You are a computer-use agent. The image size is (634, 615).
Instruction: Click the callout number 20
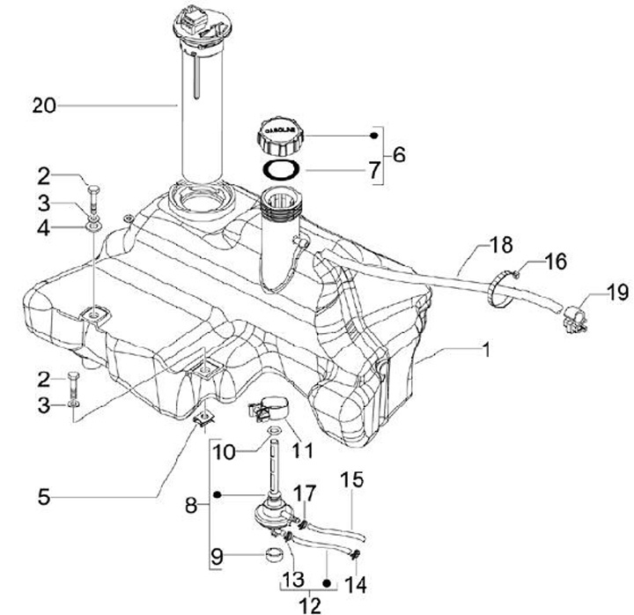[44, 106]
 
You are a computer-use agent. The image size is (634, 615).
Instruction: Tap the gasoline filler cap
[280, 137]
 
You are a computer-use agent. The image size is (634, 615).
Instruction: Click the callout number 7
[374, 170]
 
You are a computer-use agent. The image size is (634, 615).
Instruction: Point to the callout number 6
[399, 154]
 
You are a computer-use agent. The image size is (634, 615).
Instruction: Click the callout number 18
[500, 245]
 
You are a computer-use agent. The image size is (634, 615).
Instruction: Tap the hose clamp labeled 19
[574, 318]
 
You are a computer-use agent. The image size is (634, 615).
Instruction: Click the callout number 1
[486, 350]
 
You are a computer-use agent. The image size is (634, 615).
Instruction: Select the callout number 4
[44, 228]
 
